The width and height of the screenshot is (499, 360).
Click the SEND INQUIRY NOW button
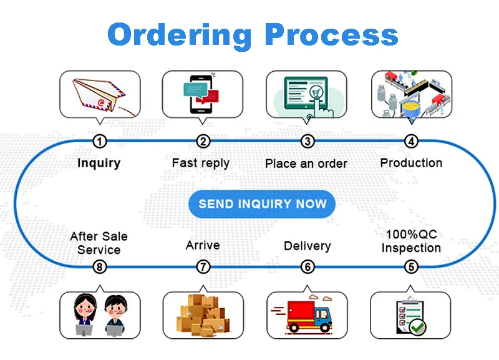pos(262,204)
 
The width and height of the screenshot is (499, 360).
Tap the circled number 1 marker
pos(99,142)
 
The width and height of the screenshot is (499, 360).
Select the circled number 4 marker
pos(411,142)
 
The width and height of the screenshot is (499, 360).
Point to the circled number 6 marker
pos(308,267)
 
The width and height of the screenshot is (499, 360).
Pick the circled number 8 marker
pos(99,267)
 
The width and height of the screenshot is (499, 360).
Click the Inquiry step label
pos(99,163)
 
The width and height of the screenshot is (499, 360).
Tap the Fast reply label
pos(201,163)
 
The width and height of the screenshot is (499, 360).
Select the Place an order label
pos(306,163)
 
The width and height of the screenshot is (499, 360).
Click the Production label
pos(411,163)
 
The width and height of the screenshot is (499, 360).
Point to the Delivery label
pos(307,246)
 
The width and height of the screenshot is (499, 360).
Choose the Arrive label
pos(203,245)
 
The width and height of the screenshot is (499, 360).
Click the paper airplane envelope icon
pos(97,94)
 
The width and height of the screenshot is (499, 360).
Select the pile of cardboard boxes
pos(203,314)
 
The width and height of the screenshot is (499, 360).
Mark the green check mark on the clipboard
pos(417,325)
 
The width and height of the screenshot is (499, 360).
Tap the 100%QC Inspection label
pos(411,241)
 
